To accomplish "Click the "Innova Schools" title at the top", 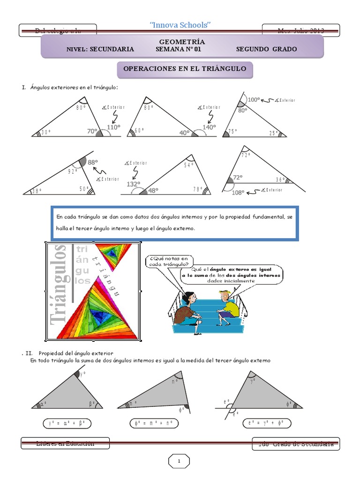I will pos(180,25).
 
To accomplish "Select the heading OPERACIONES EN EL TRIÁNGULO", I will pos(184,69).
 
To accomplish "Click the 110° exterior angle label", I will pos(113,127).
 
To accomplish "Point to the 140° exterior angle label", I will pos(209,127).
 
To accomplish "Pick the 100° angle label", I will pos(254,99).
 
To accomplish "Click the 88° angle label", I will pos(93,163).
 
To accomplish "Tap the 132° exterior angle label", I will pos(134,184).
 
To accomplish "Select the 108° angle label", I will pos(238,192).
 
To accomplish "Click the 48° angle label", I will pos(153,191).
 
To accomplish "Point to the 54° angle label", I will pos(189,165).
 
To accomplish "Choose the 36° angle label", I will pos(280,180).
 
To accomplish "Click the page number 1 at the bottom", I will pos(179,462).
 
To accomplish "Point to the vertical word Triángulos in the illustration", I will pos(60,291).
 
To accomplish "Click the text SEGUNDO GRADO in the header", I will pos(266,49).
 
